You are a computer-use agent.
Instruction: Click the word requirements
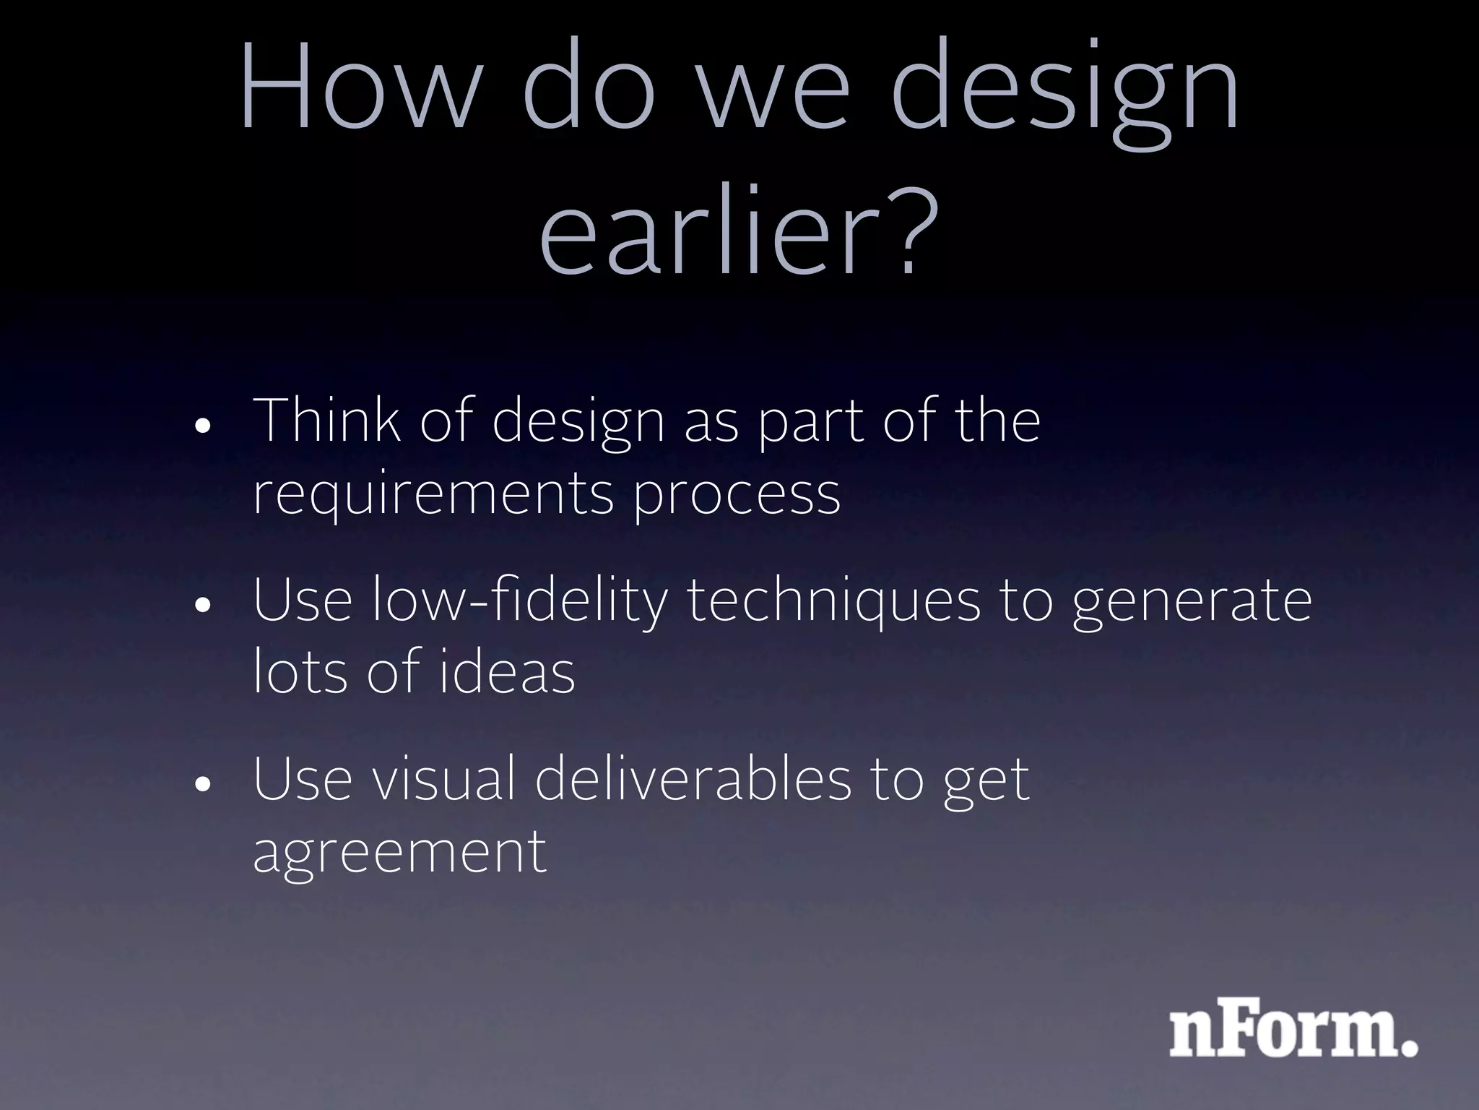point(433,495)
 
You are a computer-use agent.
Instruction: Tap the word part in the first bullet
point(810,423)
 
